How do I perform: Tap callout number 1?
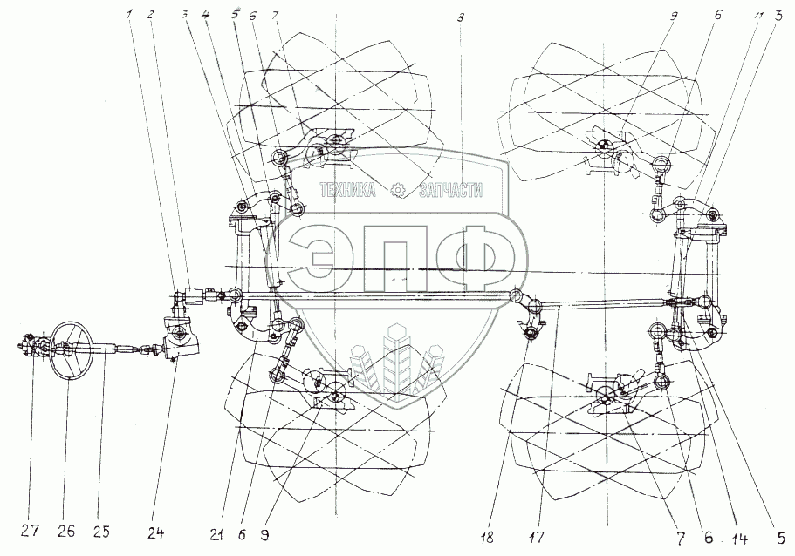tap(128, 16)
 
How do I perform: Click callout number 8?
tap(461, 16)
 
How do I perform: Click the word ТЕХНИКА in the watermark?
tap(349, 190)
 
